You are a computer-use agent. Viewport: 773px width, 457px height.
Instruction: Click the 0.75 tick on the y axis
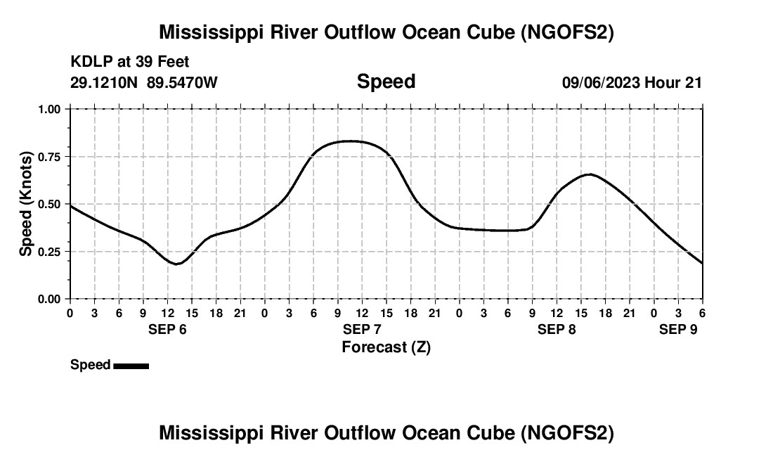[x=51, y=157]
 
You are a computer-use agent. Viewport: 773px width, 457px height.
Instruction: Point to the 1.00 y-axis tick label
[x=51, y=109]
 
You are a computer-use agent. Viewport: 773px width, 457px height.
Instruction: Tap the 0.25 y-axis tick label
[x=51, y=252]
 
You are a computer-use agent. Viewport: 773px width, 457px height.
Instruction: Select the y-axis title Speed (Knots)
[x=26, y=204]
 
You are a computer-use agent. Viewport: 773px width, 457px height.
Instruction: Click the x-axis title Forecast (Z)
[x=386, y=347]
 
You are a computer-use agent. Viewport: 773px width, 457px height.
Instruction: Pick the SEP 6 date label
[x=167, y=329]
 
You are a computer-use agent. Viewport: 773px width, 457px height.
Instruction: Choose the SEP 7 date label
[x=362, y=329]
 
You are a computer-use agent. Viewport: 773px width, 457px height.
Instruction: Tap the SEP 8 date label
[x=557, y=329]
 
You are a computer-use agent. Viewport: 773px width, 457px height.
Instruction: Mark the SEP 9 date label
[x=678, y=329]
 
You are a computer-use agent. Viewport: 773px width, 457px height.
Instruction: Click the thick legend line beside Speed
[x=131, y=366]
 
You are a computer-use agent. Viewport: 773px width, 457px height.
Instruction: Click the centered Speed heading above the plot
[x=386, y=82]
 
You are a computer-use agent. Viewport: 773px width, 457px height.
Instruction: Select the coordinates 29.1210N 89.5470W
[x=144, y=82]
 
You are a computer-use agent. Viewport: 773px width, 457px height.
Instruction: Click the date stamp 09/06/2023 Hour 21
[x=632, y=82]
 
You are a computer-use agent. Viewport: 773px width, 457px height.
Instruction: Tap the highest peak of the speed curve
[x=349, y=141]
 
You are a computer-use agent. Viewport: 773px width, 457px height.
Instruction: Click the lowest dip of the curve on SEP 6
[x=177, y=264]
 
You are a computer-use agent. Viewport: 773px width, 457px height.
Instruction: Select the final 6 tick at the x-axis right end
[x=702, y=312]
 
